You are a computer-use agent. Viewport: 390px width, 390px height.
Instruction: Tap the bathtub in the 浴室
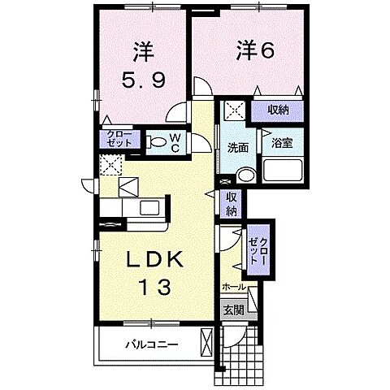pos(283,171)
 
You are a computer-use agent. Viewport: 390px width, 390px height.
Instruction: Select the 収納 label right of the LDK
pos(232,202)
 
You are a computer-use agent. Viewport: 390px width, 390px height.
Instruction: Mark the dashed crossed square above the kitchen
pos(109,165)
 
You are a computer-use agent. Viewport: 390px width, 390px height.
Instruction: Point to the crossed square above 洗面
pos(234,110)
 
